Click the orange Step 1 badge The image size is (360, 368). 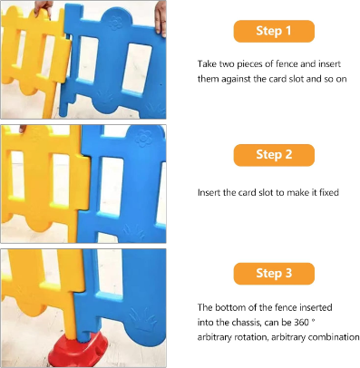274,31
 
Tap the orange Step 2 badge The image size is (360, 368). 274,155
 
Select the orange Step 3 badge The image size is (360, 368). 274,274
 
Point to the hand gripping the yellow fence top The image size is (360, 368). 43,8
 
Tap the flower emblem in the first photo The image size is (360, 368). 115,22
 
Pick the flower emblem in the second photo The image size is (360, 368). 143,139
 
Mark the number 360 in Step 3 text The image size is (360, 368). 301,323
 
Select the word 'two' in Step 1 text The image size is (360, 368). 227,64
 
